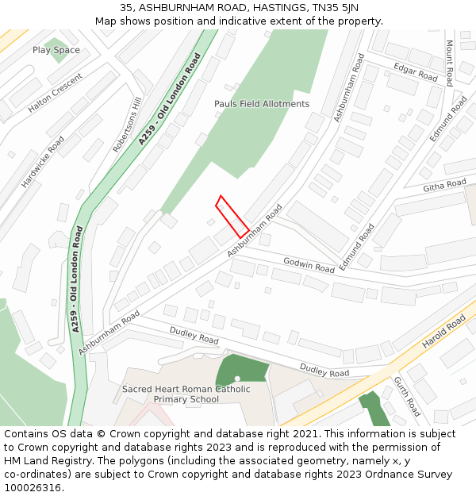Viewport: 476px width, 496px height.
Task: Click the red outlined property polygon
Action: [232, 217]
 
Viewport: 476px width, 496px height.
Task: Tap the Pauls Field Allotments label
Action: [262, 104]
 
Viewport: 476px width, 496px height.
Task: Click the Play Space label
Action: [56, 50]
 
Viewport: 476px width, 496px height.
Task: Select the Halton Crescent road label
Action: [55, 94]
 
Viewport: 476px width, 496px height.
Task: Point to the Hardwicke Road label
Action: [44, 161]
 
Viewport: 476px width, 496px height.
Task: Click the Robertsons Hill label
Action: [127, 125]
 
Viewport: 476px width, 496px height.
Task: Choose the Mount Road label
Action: [449, 63]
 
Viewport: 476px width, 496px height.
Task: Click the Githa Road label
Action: [444, 186]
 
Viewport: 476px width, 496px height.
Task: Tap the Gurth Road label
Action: [408, 397]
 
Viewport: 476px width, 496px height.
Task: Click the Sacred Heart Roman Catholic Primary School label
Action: [186, 394]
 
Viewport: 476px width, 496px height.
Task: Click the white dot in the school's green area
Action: [238, 379]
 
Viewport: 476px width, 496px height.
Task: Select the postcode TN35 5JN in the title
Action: [332, 8]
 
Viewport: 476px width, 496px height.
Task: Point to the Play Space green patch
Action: [56, 44]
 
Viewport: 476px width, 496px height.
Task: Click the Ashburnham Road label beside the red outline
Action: [255, 230]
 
